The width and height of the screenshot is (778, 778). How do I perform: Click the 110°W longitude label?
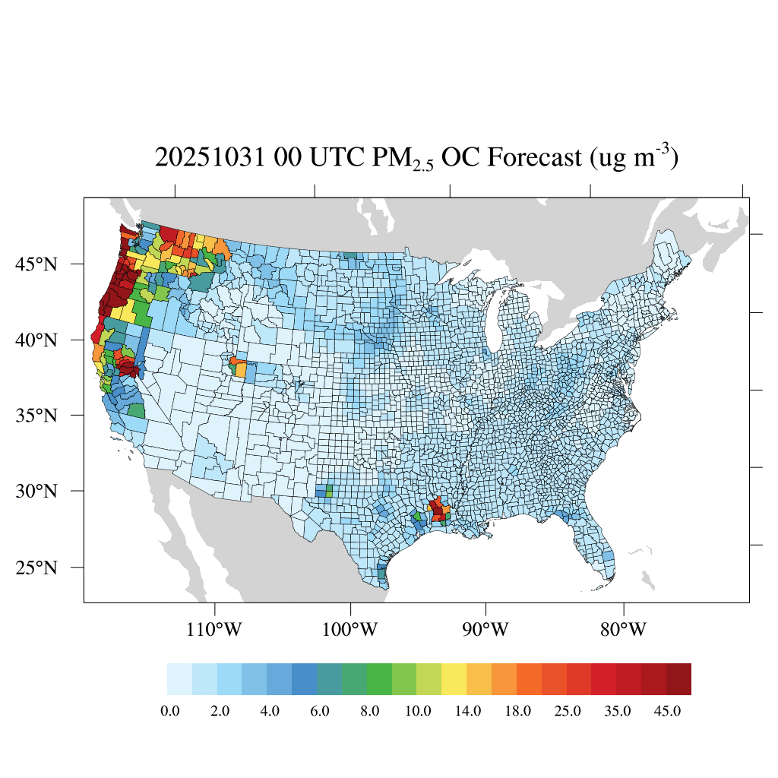pos(215,630)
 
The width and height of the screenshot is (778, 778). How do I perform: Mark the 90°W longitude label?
pos(485,630)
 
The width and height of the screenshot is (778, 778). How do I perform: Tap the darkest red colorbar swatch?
pos(678,679)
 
